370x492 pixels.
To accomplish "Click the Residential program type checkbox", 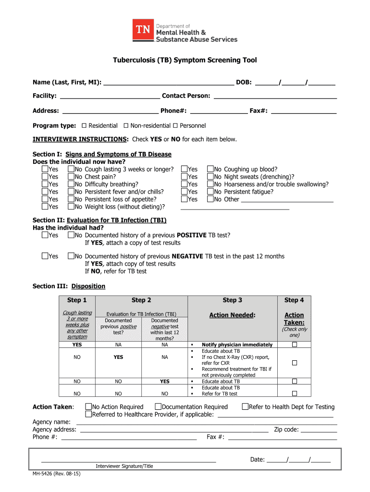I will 84,125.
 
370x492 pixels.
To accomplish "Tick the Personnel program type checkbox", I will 175,125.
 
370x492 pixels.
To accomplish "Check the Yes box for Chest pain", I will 45,177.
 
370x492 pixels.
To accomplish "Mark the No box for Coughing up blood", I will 210,169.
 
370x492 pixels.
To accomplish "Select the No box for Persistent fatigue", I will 210,192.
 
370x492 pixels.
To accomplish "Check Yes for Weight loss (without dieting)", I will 45,207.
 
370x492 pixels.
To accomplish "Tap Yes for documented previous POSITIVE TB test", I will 45,235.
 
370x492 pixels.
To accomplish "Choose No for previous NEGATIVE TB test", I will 71,256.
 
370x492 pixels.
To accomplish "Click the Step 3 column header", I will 233,300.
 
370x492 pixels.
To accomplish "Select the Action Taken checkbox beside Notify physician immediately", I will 295,345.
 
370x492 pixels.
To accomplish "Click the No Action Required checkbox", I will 88,407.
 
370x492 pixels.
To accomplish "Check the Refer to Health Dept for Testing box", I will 245,407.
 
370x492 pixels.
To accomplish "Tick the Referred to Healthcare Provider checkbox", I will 88,414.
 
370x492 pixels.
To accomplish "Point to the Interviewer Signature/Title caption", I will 124,466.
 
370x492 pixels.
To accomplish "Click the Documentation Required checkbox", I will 158,407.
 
